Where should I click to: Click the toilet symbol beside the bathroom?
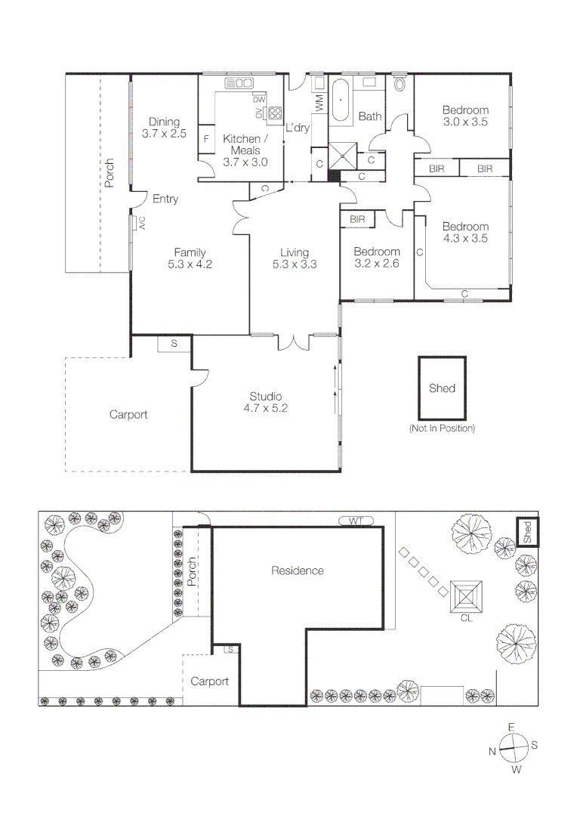point(400,83)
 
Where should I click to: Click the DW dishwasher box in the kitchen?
point(259,99)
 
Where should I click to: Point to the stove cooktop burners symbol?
point(275,114)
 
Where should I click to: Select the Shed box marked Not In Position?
point(442,388)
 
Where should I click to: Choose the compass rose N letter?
point(492,751)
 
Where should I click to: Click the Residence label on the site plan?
point(298,571)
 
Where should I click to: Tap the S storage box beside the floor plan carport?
point(174,344)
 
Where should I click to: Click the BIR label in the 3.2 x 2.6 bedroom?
point(357,219)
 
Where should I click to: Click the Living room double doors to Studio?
point(292,342)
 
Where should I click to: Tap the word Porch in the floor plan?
point(110,173)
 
